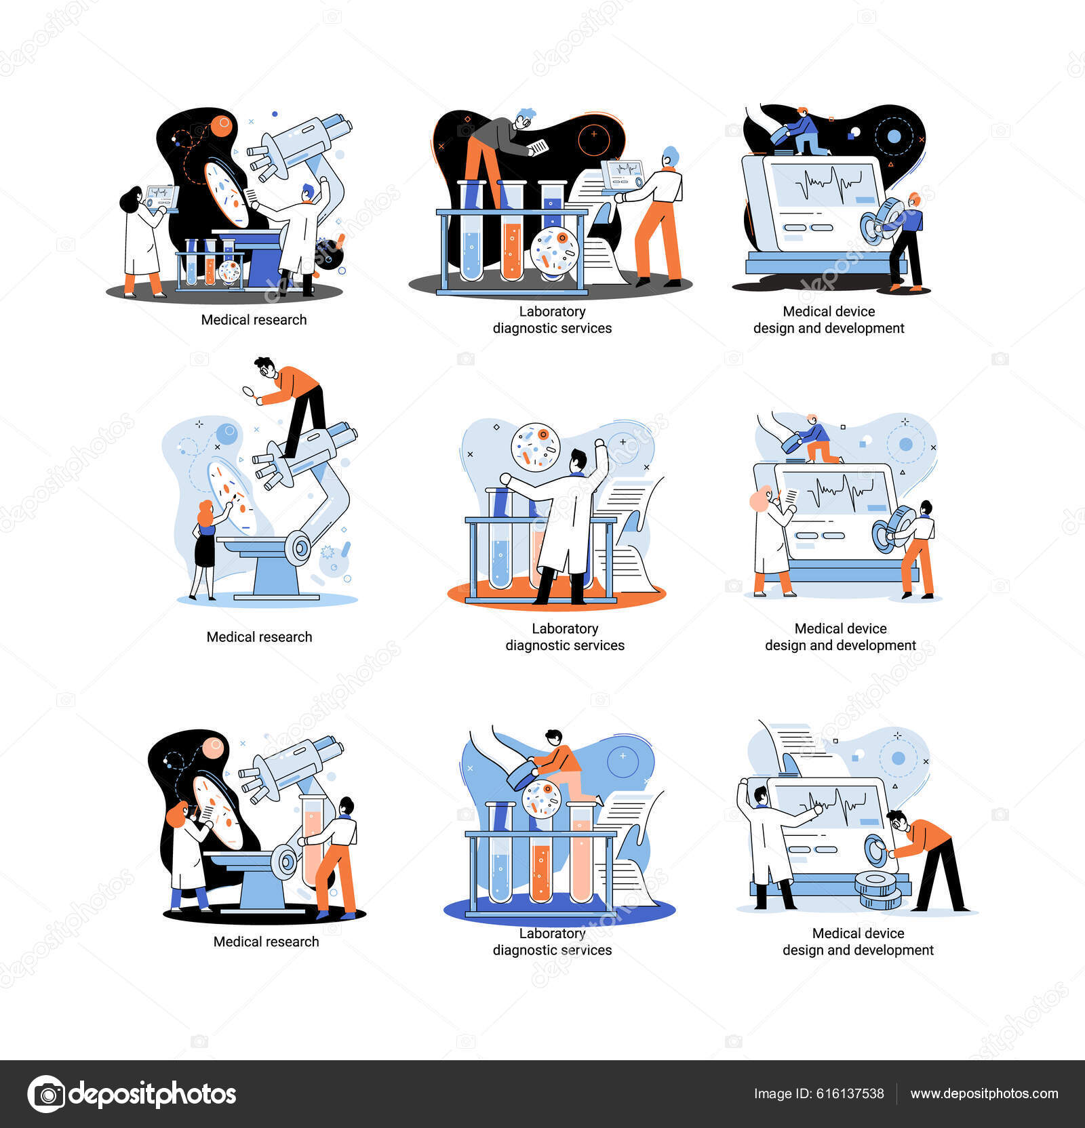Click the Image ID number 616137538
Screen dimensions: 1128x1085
[x=852, y=1093]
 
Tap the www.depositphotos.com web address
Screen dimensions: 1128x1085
[x=984, y=1093]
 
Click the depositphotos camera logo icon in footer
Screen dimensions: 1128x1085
[x=46, y=1094]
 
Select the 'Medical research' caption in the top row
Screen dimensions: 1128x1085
[x=254, y=320]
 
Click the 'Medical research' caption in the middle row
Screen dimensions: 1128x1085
[x=259, y=637]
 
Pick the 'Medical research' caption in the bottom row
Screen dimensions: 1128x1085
[x=266, y=942]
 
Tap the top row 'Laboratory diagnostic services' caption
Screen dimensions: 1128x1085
[x=552, y=320]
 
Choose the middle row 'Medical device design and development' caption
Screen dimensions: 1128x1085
[x=840, y=637]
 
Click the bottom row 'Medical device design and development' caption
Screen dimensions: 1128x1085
[x=858, y=942]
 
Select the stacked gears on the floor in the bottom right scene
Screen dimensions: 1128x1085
[x=878, y=889]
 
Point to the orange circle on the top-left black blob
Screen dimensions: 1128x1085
[x=222, y=126]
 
